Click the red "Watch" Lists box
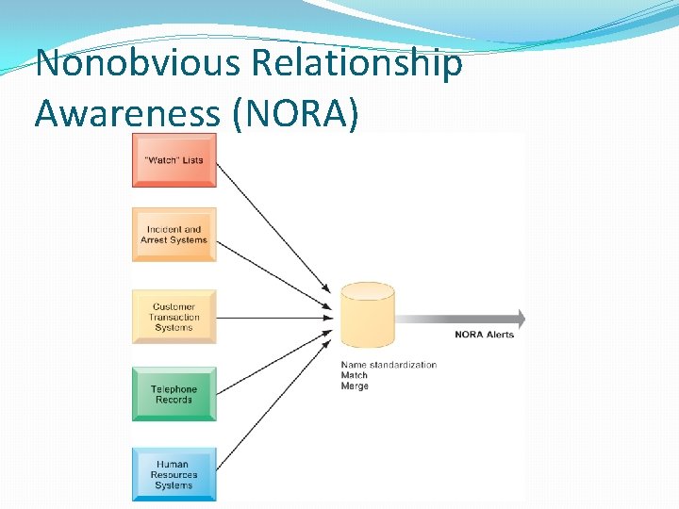point(174,160)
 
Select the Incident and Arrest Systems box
point(174,235)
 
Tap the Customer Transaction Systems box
point(174,317)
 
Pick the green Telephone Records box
point(174,394)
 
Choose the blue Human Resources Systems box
point(174,474)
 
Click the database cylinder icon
point(367,315)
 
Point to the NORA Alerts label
point(484,335)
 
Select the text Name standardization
point(389,365)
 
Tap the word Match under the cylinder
point(354,375)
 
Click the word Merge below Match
point(355,386)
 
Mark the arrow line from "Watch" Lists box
point(273,225)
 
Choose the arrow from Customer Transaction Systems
point(273,317)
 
